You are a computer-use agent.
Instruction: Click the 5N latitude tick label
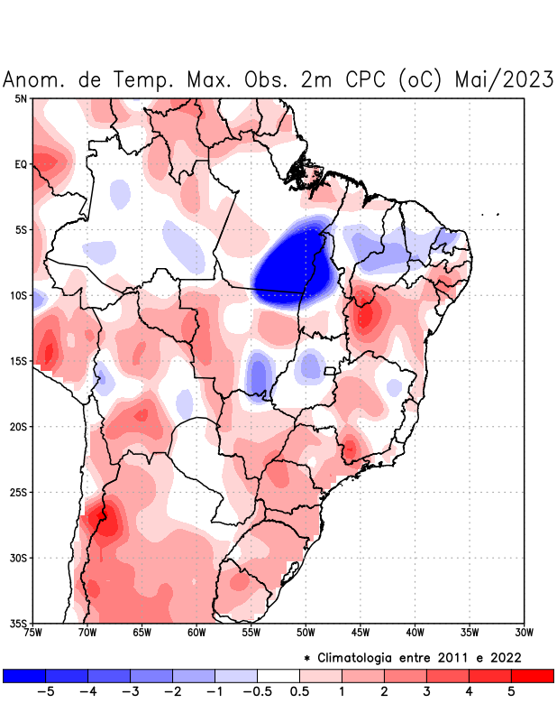point(21,98)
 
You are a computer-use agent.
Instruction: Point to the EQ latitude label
point(21,164)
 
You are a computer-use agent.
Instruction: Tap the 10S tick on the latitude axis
point(19,296)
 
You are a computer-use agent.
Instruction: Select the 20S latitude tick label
point(19,427)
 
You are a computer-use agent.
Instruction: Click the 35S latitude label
point(19,623)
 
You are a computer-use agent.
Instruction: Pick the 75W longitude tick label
point(33,632)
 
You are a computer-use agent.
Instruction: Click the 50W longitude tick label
point(306,632)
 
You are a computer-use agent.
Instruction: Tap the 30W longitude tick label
point(525,632)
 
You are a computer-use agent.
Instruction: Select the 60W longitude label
point(196,632)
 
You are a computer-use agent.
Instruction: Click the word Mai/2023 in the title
point(504,79)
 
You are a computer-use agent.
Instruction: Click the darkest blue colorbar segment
point(24,675)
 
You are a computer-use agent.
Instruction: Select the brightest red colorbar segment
point(532,675)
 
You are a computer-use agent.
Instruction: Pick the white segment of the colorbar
point(278,675)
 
